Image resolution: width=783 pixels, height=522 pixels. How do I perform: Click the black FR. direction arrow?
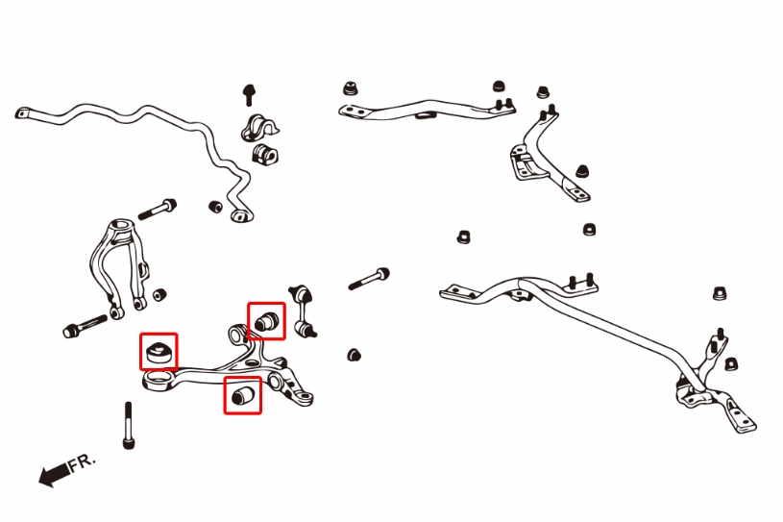53,473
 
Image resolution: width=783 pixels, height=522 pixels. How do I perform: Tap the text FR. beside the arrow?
84,462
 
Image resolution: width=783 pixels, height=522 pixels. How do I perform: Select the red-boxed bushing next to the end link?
266,321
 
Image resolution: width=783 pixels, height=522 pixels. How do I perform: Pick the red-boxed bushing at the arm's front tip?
159,351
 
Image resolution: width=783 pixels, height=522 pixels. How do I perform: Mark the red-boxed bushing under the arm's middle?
242,394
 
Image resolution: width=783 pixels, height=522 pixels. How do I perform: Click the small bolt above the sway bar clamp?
248,94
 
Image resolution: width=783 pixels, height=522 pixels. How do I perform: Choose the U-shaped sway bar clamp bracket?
258,128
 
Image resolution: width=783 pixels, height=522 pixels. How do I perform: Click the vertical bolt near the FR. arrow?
129,426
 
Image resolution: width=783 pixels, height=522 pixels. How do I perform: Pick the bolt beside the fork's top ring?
158,207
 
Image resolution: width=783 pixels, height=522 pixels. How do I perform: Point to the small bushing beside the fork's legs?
159,293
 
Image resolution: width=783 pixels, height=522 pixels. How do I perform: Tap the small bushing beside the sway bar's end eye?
216,206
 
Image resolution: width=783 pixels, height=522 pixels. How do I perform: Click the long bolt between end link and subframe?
369,280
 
